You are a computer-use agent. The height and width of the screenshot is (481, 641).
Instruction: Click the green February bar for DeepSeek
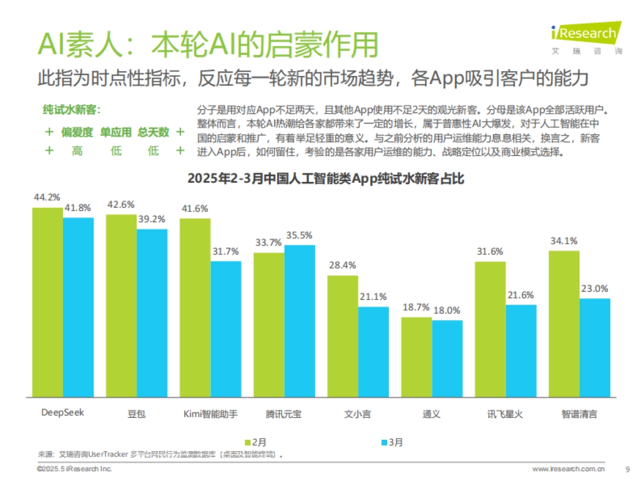48,302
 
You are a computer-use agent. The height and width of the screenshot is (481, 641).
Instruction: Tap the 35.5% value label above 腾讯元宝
299,235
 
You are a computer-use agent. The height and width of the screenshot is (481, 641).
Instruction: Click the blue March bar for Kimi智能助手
225,329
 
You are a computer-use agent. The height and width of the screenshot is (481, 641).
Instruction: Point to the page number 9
627,469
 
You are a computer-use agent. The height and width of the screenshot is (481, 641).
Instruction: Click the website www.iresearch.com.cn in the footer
568,469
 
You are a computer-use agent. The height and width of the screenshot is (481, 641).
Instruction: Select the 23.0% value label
595,289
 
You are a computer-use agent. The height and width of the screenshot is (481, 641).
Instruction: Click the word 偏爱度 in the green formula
77,132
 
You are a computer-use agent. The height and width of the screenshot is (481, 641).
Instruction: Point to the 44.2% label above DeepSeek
47,197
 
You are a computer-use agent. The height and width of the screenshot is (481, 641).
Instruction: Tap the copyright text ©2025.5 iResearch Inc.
74,469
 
